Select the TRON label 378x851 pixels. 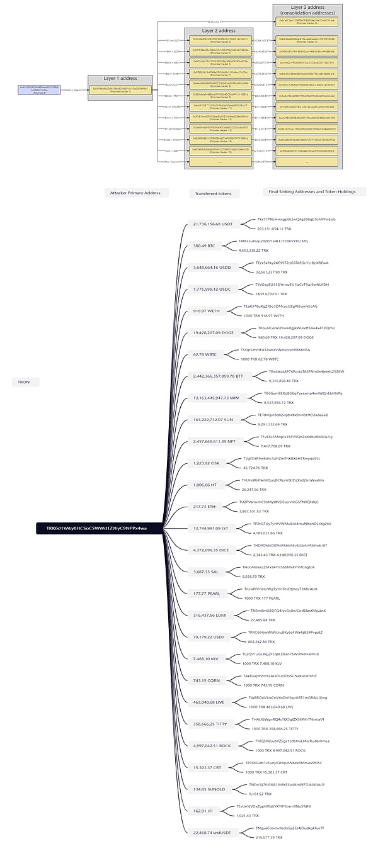coord(24,382)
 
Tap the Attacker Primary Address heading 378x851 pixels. coord(135,193)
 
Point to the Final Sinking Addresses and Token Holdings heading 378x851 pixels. coord(309,191)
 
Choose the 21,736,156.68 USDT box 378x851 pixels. coord(213,223)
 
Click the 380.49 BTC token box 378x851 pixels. coord(204,245)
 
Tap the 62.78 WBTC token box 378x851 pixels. coord(205,354)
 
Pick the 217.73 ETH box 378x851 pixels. coord(204,506)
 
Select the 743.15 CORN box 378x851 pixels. coord(205,680)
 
